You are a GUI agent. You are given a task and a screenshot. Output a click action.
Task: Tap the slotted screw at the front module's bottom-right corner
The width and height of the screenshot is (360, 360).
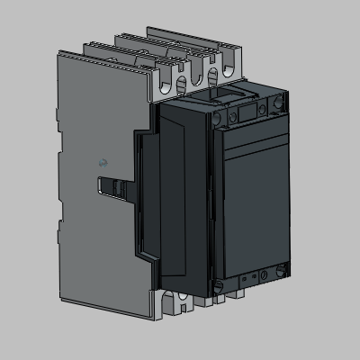[x=283, y=265]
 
